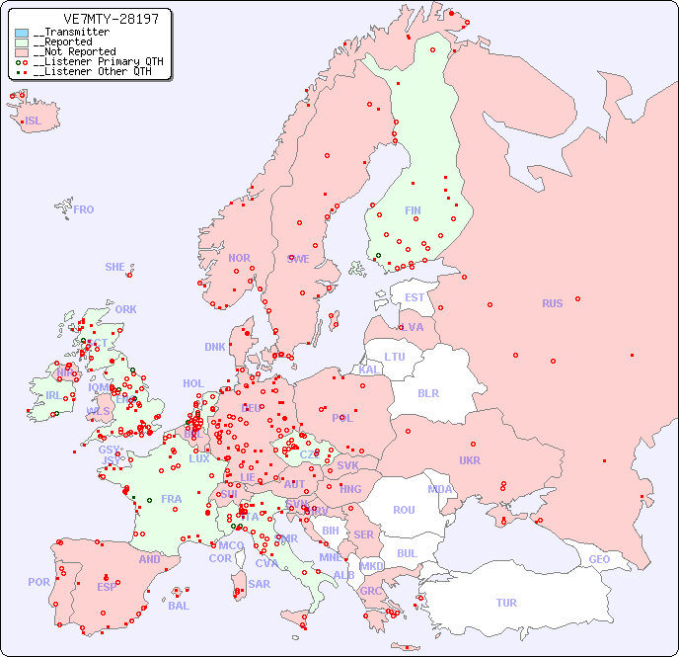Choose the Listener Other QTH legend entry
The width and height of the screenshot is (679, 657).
tap(92, 71)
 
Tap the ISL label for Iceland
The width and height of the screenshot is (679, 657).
tap(34, 122)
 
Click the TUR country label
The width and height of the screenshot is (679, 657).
tap(506, 603)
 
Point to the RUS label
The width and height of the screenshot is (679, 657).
tap(552, 303)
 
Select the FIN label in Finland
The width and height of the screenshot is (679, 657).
tap(413, 210)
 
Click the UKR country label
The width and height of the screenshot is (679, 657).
tap(470, 460)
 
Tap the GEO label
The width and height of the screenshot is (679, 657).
tap(599, 559)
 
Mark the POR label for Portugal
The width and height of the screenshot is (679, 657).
tap(38, 582)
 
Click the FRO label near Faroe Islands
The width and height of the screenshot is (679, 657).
tap(84, 209)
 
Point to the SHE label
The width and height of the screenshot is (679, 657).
tap(115, 267)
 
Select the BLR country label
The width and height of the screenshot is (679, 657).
tap(428, 392)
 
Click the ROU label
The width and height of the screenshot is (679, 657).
tap(404, 510)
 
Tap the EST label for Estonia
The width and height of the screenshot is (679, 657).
tap(415, 297)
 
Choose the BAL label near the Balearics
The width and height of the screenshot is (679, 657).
tap(179, 606)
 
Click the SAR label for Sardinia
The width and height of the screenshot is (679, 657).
tap(259, 584)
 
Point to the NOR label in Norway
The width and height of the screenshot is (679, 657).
tap(239, 258)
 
